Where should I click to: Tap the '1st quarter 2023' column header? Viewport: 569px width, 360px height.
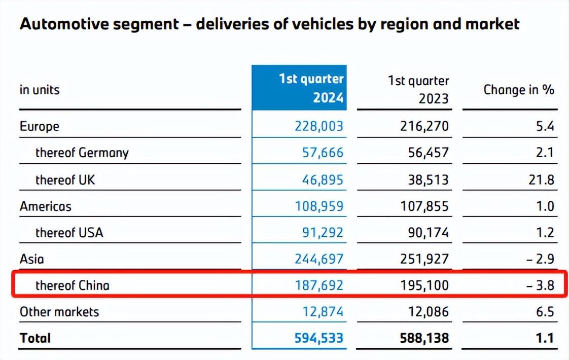click(418, 89)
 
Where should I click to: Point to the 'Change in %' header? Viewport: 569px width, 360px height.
click(518, 90)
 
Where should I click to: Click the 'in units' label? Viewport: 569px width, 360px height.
click(40, 90)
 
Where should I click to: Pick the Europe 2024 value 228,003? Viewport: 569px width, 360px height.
click(318, 126)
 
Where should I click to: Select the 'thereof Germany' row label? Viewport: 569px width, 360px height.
click(82, 153)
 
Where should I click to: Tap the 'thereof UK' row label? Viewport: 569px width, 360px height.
click(65, 179)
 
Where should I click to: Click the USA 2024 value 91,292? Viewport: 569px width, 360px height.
click(323, 233)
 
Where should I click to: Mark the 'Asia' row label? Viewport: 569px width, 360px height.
click(32, 259)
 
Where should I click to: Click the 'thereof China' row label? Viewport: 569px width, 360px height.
click(72, 285)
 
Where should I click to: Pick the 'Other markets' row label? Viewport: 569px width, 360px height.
click(59, 312)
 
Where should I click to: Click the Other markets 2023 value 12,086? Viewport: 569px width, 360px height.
click(429, 312)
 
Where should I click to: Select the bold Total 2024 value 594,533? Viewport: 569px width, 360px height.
click(318, 338)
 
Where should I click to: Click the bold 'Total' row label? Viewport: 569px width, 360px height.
click(35, 338)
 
